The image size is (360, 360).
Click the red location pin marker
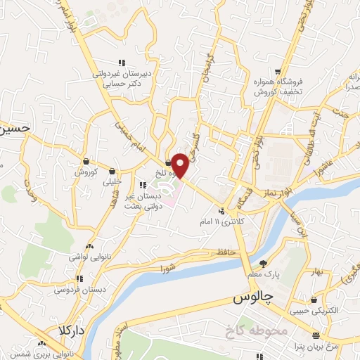coord(180,165)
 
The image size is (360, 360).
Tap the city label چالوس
coord(252,299)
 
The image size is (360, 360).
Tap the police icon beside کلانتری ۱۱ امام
coord(221,211)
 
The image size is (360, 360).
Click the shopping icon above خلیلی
coord(112,170)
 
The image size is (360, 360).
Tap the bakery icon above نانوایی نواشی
coord(89,247)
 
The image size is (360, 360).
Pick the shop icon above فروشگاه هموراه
coord(279,71)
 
